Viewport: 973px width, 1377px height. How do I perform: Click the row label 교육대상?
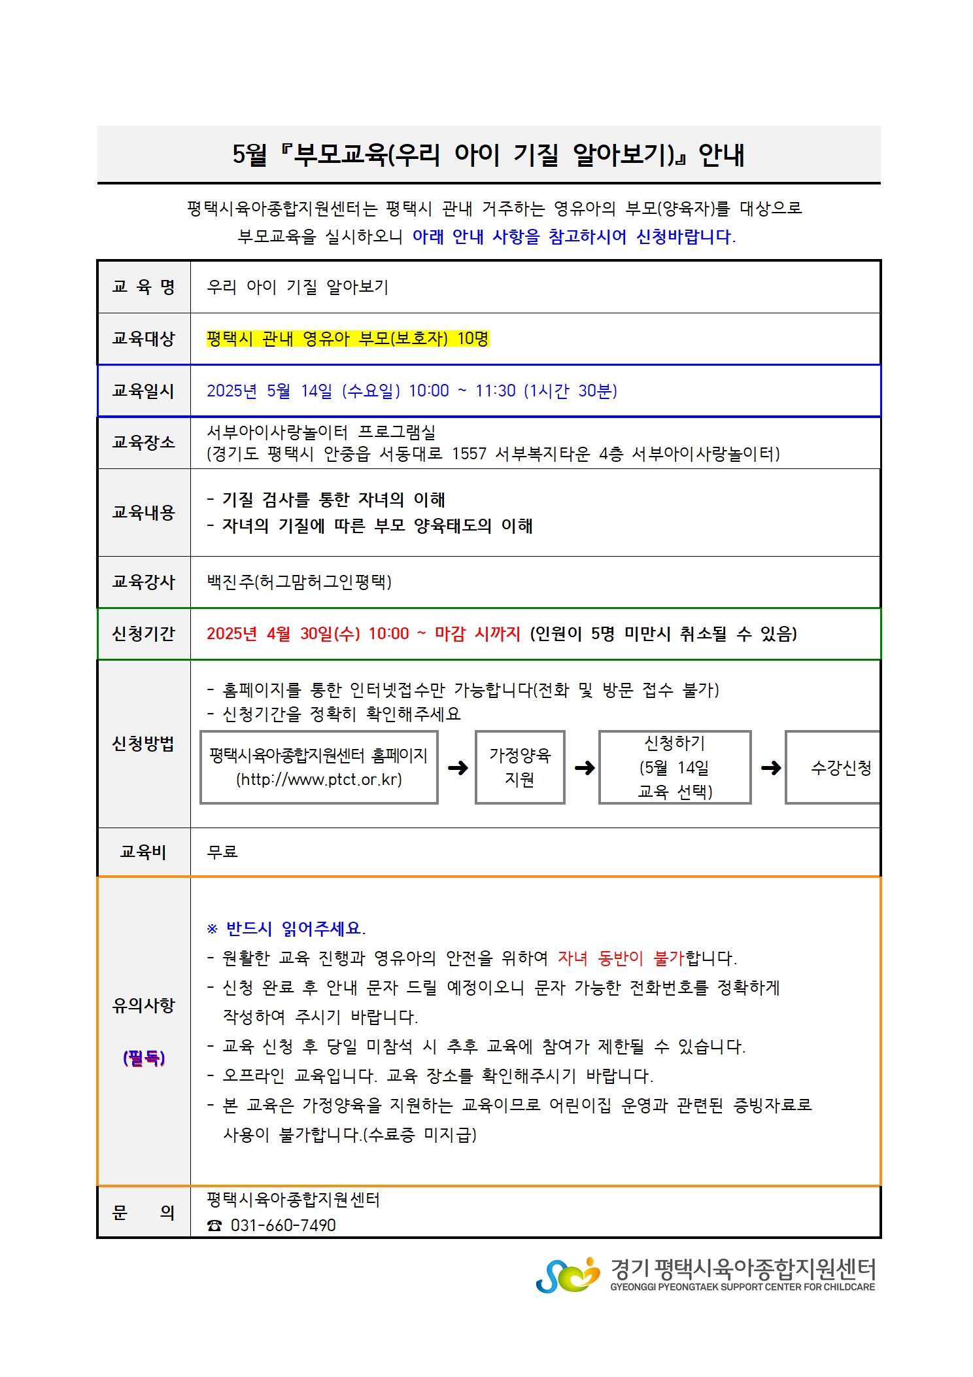tap(143, 339)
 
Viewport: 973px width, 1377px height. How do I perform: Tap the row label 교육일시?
tap(143, 391)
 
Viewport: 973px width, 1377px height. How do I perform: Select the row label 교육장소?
tap(143, 442)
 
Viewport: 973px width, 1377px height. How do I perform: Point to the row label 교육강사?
tap(143, 582)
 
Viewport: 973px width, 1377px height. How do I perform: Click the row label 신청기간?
tap(143, 633)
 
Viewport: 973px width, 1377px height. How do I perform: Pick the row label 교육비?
tap(143, 851)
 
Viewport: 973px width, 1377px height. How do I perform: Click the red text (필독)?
tap(144, 1057)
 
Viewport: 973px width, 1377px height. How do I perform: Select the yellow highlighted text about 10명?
tap(347, 338)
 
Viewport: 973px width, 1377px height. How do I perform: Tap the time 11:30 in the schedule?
tap(495, 391)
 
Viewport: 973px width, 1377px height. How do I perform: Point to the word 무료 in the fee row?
tap(222, 851)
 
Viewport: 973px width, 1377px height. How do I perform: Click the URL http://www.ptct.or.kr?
tap(319, 779)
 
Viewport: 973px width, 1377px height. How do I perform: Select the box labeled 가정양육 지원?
tap(520, 767)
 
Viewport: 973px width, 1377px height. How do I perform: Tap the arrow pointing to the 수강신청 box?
tap(771, 767)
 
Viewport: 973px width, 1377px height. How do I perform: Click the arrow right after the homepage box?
tap(458, 767)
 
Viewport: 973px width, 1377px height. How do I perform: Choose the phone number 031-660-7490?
tap(283, 1225)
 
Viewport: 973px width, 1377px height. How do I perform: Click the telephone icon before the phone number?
tap(214, 1225)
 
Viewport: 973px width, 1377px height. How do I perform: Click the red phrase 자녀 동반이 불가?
tap(620, 958)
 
